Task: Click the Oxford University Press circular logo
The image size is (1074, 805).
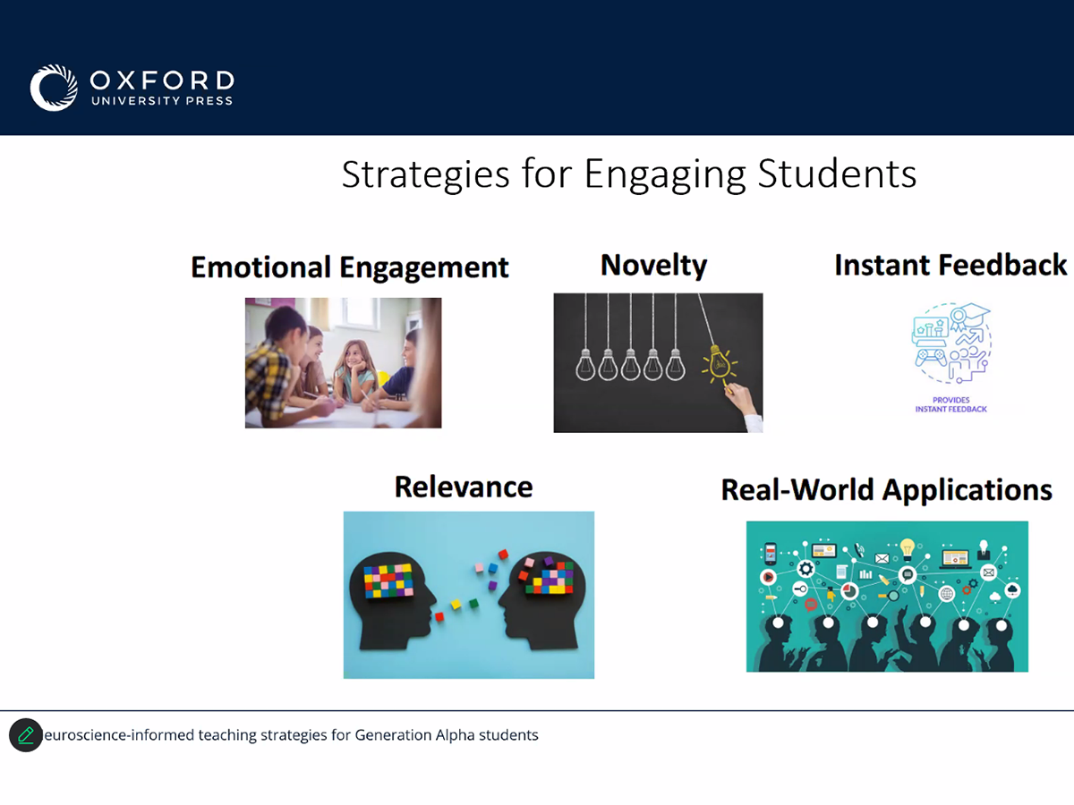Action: pyautogui.click(x=54, y=88)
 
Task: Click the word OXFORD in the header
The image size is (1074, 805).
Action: pyautogui.click(x=162, y=80)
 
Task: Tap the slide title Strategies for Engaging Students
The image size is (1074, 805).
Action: pyautogui.click(x=629, y=174)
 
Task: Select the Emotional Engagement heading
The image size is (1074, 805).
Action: pyautogui.click(x=349, y=267)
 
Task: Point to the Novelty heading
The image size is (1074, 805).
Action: pyautogui.click(x=653, y=266)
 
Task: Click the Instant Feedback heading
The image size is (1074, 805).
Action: pyautogui.click(x=950, y=265)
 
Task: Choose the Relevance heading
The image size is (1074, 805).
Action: pyautogui.click(x=464, y=487)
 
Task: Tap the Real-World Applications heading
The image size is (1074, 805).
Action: pyautogui.click(x=887, y=490)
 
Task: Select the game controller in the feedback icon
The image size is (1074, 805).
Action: pyautogui.click(x=931, y=357)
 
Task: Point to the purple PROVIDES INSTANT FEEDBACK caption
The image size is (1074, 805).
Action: pyautogui.click(x=950, y=404)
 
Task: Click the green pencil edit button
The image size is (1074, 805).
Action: pyautogui.click(x=26, y=734)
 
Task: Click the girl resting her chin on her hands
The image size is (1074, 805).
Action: pyautogui.click(x=354, y=370)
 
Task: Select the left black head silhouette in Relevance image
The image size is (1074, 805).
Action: pyautogui.click(x=391, y=602)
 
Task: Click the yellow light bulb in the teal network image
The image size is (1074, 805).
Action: pyautogui.click(x=908, y=548)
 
